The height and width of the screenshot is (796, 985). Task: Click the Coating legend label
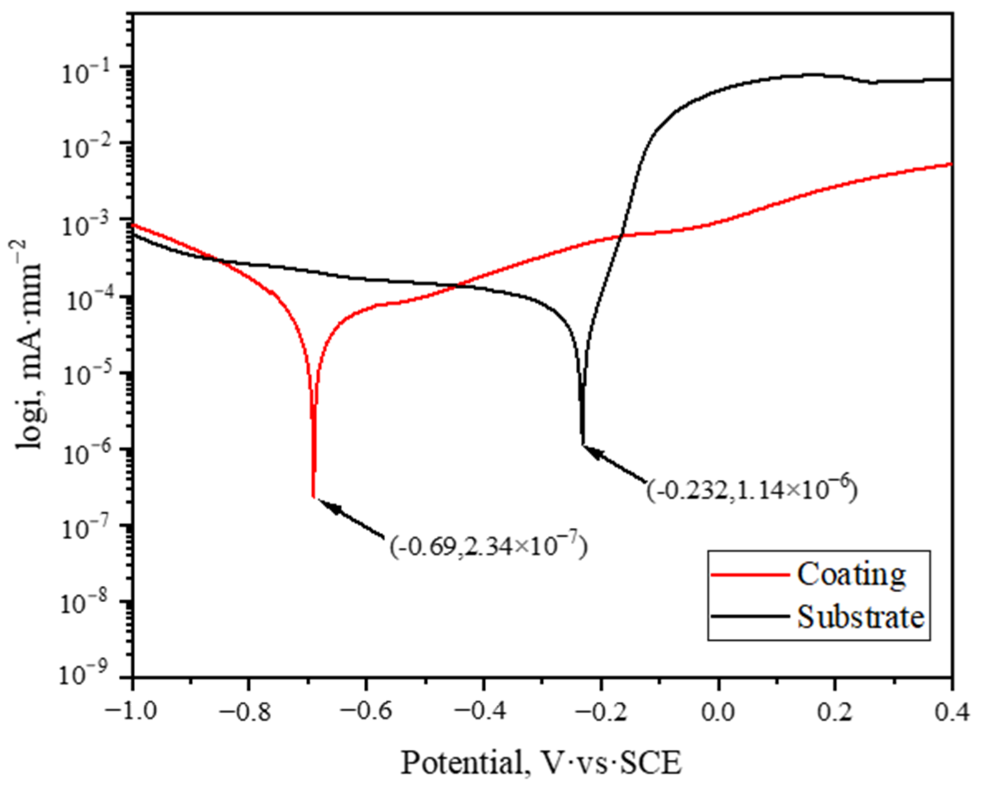[851, 574]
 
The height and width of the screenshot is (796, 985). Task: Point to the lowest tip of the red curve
[313, 496]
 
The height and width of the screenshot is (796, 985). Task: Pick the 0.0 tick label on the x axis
[718, 712]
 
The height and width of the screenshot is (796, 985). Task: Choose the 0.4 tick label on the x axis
[951, 712]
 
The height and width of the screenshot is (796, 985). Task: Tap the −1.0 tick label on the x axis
[132, 712]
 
